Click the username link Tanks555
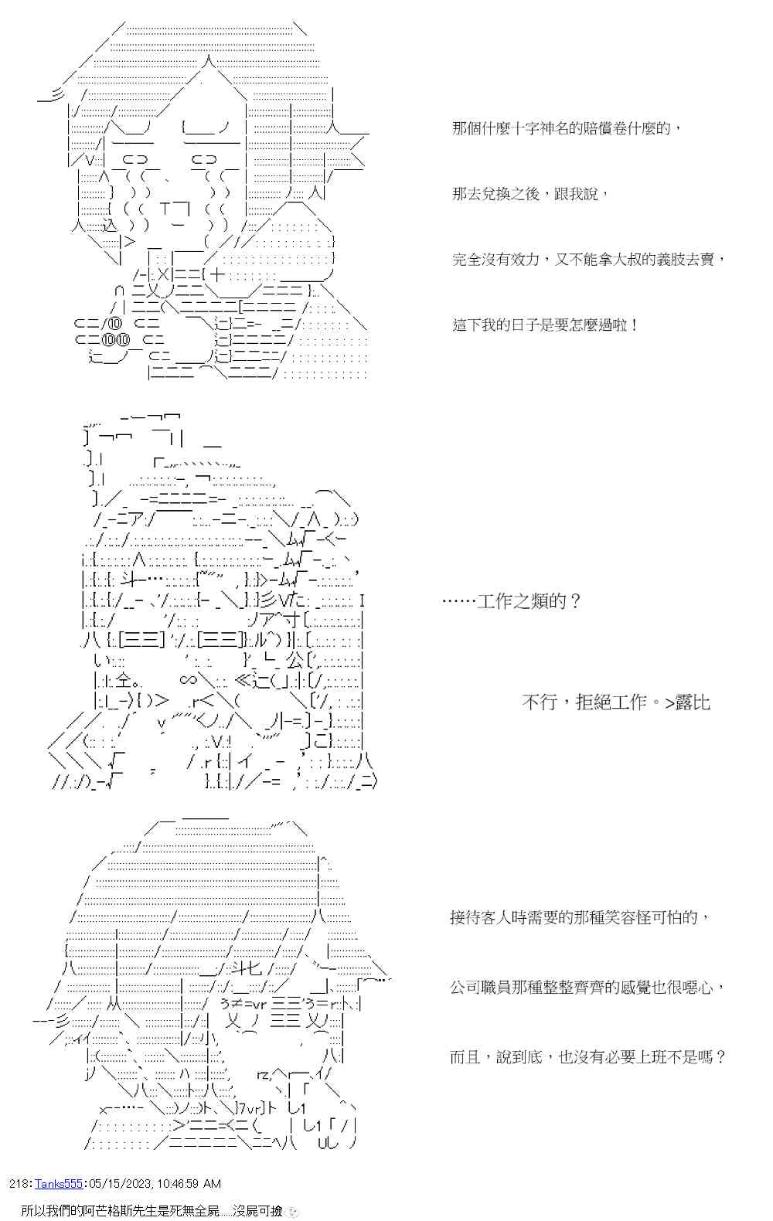tap(61, 1183)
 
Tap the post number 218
tap(19, 1183)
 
